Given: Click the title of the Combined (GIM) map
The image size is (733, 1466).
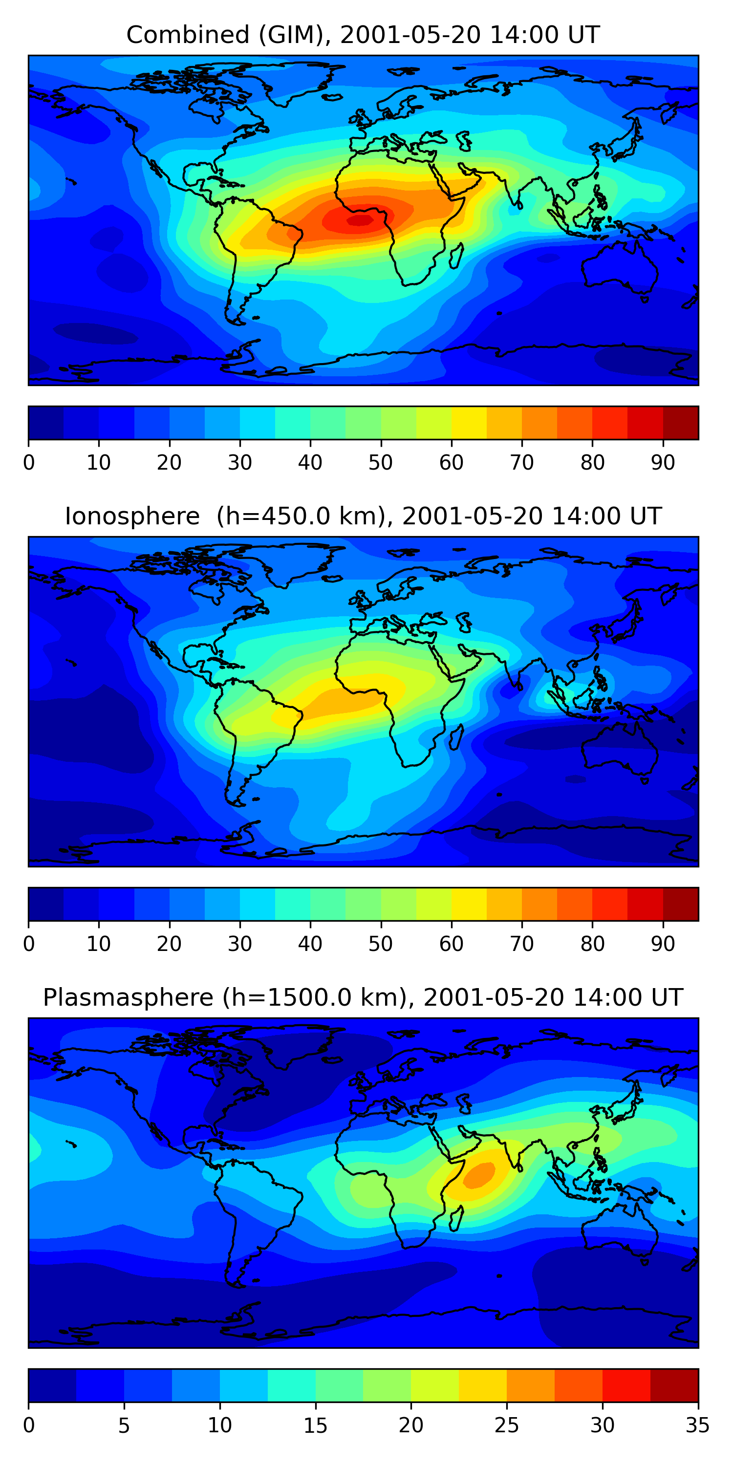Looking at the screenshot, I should click(363, 35).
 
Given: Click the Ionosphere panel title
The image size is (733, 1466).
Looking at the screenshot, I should click(363, 516).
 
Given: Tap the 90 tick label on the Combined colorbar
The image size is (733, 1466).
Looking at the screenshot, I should click(663, 463).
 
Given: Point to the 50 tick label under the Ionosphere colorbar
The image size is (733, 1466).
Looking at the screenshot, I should click(380, 944).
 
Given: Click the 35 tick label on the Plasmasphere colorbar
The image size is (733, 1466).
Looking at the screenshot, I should click(698, 1425).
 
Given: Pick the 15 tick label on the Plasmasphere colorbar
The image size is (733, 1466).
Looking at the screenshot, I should click(315, 1425).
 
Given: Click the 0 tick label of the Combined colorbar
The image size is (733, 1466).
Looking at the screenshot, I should click(29, 463).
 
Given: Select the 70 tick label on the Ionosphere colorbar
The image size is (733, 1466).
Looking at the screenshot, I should click(521, 944).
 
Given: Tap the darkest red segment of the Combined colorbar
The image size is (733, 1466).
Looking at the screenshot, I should click(681, 423).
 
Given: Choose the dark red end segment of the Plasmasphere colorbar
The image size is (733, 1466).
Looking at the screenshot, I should click(674, 1386).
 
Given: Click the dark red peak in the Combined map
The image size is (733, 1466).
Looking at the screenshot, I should click(360, 220).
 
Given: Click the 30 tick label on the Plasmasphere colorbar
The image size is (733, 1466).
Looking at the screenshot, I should click(602, 1425).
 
